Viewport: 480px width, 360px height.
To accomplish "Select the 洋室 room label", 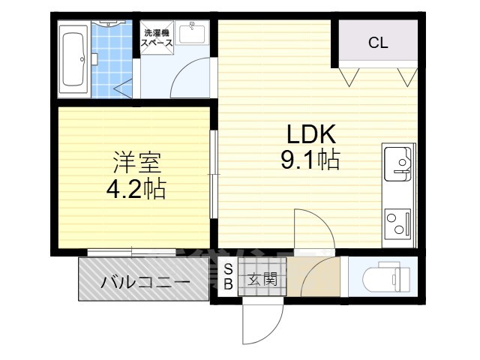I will [x=134, y=163].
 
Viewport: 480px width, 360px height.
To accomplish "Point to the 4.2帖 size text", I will [x=134, y=188].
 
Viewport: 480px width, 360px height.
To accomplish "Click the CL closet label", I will [x=377, y=43].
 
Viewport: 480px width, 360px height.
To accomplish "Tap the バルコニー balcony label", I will [x=145, y=283].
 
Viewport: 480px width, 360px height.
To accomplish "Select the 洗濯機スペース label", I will [x=158, y=38].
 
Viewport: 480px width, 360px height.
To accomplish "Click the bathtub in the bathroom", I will [x=73, y=59].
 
